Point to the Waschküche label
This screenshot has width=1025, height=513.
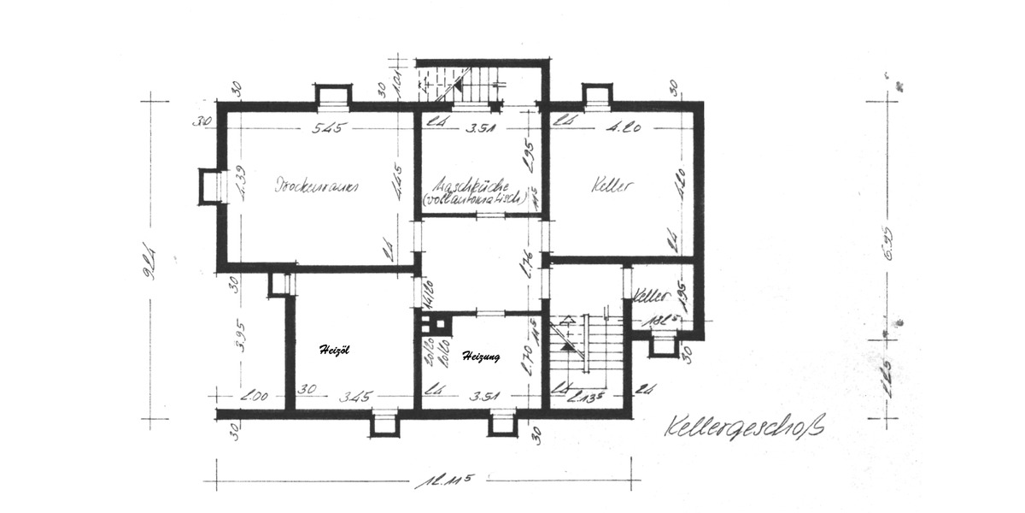click(471, 184)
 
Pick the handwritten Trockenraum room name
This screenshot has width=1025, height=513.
click(315, 185)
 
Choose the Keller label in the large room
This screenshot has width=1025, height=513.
click(611, 185)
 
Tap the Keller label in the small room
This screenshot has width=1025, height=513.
click(650, 296)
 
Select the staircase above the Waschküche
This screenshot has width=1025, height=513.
click(462, 83)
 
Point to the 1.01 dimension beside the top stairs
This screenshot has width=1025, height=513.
click(396, 83)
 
